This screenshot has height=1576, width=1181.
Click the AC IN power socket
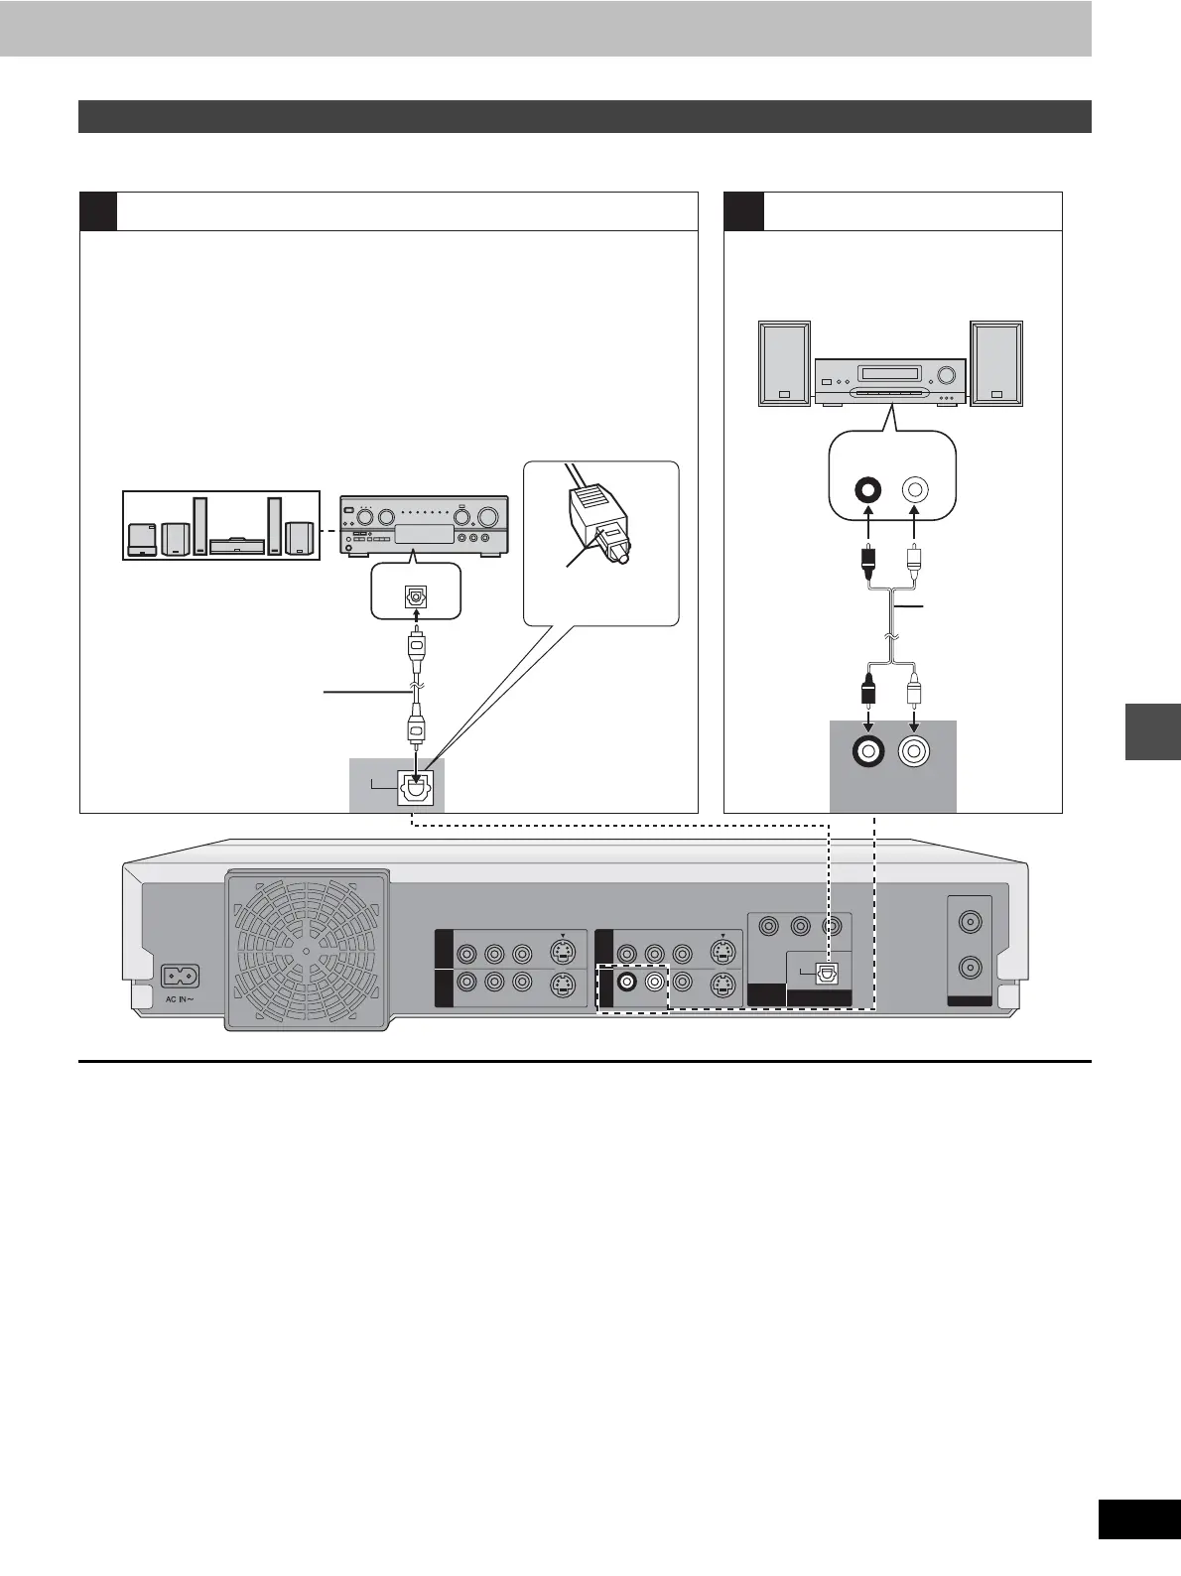coord(179,977)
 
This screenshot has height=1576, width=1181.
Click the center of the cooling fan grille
coord(307,950)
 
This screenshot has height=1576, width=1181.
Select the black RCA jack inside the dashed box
coord(626,984)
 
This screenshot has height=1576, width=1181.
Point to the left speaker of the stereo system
coord(785,363)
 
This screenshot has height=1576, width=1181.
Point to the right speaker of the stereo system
coord(996,363)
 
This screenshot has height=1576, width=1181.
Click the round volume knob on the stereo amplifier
coord(946,376)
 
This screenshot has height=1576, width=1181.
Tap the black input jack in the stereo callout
coord(869,489)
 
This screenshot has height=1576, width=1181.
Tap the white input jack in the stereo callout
coord(914,489)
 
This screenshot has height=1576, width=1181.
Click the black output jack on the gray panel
coord(869,751)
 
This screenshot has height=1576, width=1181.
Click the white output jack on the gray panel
coord(914,751)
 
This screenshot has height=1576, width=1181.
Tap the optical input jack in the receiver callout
coord(416,597)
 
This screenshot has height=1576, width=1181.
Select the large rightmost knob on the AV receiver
coord(487,517)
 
